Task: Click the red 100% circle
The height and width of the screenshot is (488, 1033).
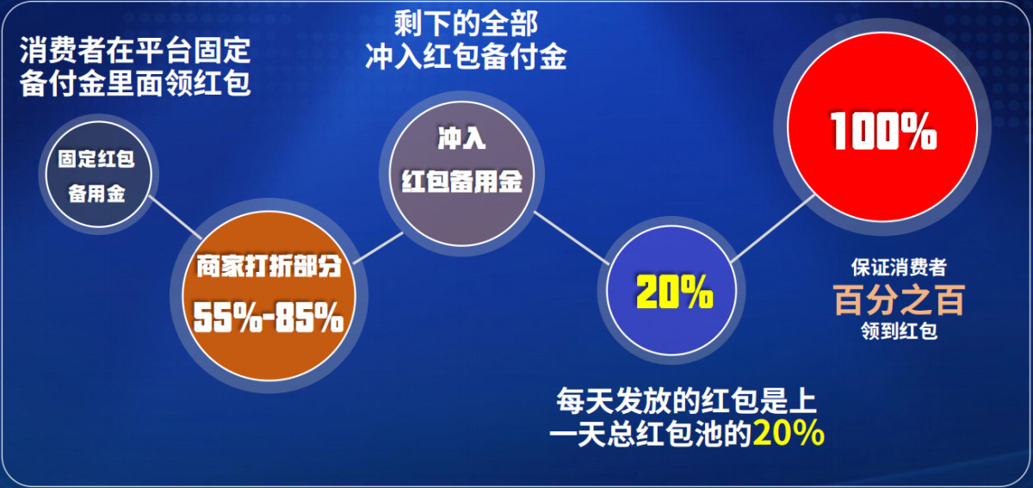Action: pos(882,127)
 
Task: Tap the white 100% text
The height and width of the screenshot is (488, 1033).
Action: pos(883,132)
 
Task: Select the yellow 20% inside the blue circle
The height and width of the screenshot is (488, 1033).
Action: pos(674,292)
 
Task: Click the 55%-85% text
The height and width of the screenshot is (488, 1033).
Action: pos(269,318)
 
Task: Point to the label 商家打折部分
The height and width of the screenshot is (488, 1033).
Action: pos(269,266)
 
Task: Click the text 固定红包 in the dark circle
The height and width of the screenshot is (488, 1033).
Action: pos(96,158)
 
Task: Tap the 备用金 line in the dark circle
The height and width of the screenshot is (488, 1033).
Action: pos(96,194)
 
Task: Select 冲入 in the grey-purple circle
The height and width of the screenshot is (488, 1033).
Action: pos(461,138)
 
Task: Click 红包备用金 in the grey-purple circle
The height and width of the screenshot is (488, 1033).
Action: pos(461,181)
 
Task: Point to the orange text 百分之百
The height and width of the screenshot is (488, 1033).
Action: pos(899,300)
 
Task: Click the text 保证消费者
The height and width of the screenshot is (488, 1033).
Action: pos(899,268)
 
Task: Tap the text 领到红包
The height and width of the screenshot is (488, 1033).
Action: pos(899,330)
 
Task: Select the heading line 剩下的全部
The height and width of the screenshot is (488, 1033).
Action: pos(466,23)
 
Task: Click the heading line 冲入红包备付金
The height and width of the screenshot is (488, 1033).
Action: pos(466,57)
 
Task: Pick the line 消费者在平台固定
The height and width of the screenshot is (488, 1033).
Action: pos(135,50)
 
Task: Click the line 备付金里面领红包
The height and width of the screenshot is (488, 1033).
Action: pos(135,83)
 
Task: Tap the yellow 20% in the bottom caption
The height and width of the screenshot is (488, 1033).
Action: pos(789,433)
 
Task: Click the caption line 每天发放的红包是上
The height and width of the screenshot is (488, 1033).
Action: pos(687,400)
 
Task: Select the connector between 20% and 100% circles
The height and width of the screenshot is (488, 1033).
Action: pos(773,228)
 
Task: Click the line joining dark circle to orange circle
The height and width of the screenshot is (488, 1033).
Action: pos(176,218)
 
